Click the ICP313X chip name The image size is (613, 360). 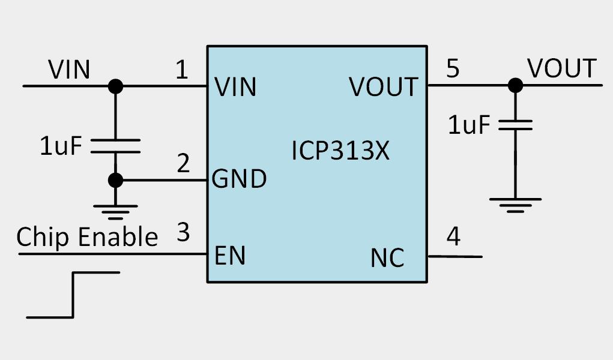(340, 151)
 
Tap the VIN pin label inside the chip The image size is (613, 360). (235, 87)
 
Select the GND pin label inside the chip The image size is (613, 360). (240, 179)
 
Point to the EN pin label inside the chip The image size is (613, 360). (231, 256)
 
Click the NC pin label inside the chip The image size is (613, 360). (387, 259)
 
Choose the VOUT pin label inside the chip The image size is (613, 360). (383, 88)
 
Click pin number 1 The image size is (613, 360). (182, 70)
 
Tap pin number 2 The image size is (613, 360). (183, 163)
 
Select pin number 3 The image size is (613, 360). (183, 233)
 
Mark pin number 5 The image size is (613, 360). (453, 69)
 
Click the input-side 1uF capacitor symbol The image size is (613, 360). (115, 146)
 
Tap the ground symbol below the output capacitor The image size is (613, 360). (515, 205)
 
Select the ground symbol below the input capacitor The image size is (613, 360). (115, 211)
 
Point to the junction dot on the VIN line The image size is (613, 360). (115, 86)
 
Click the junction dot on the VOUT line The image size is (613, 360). (515, 85)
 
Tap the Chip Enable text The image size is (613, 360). (87, 237)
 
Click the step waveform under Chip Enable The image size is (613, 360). (73, 294)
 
